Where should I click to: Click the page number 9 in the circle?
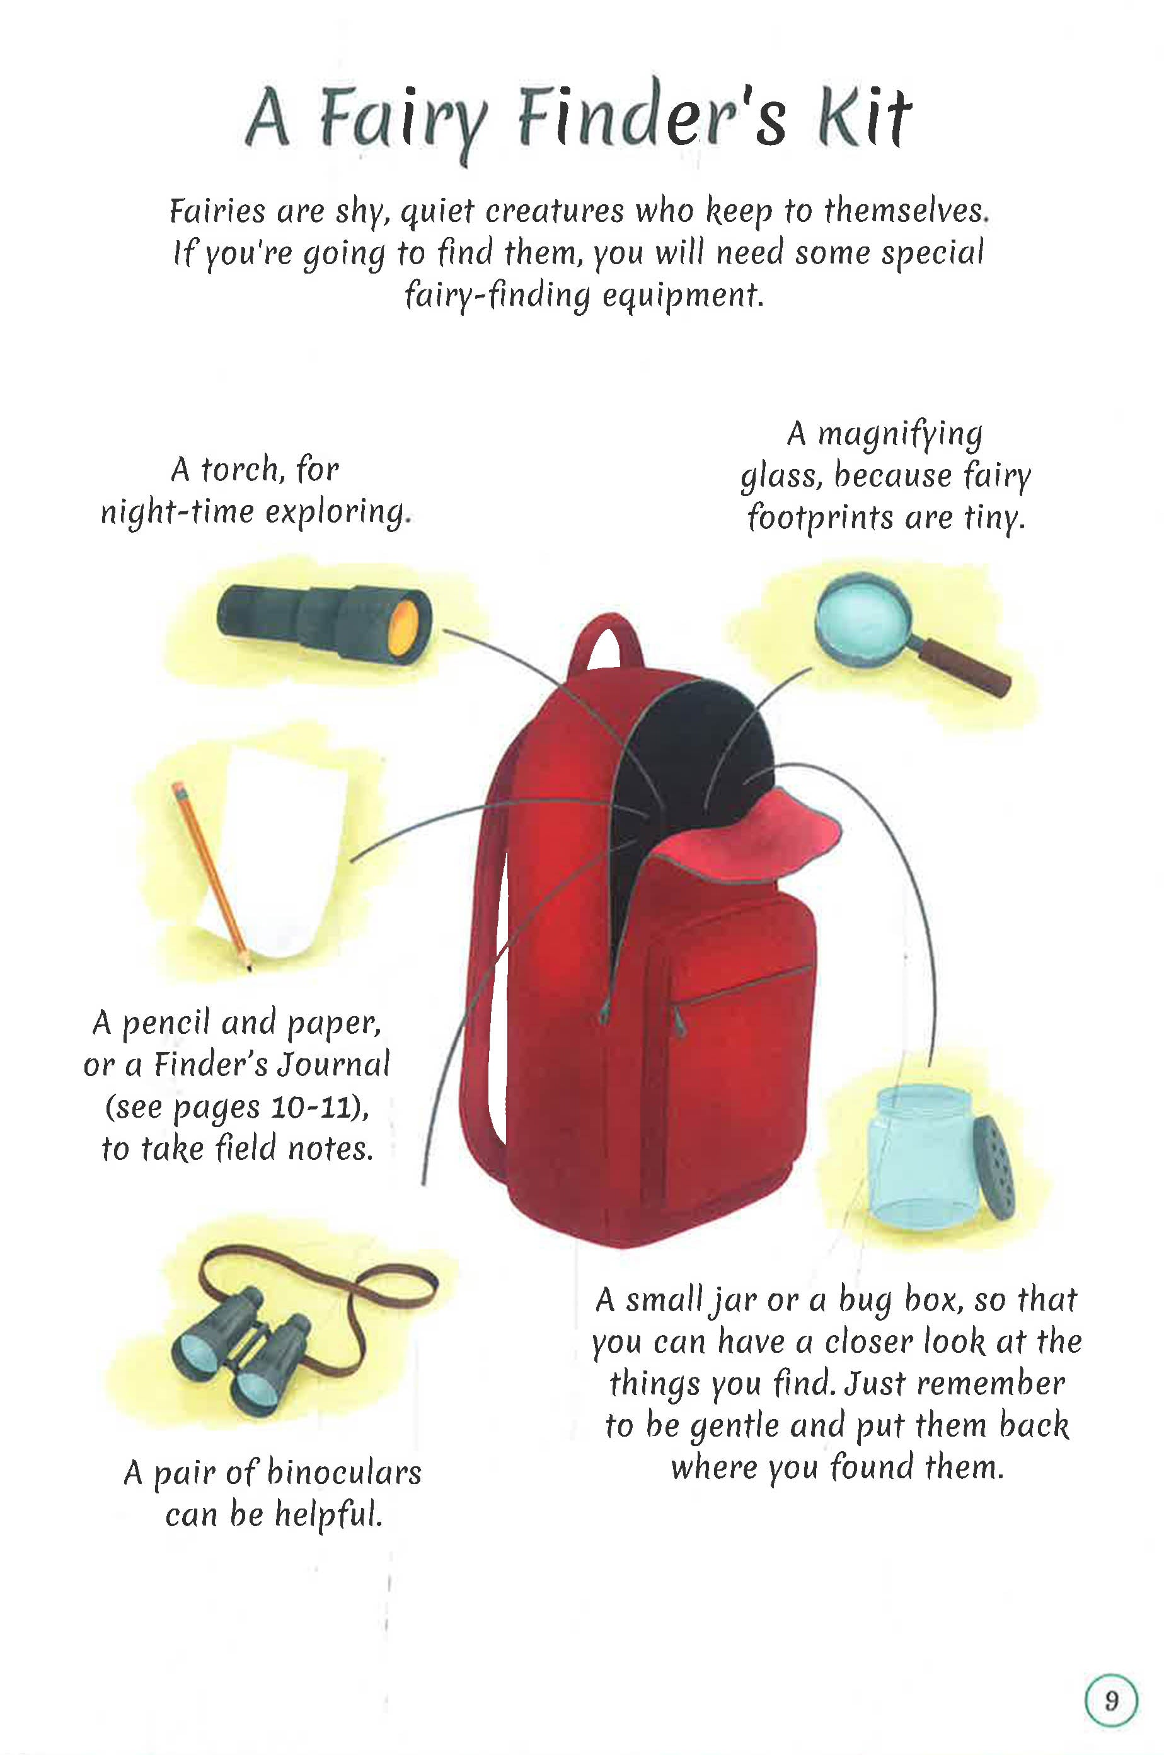pos(1110,1700)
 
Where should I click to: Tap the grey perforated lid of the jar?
pos(993,1165)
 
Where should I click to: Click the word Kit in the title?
pos(864,119)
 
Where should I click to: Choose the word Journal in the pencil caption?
pos(333,1065)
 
